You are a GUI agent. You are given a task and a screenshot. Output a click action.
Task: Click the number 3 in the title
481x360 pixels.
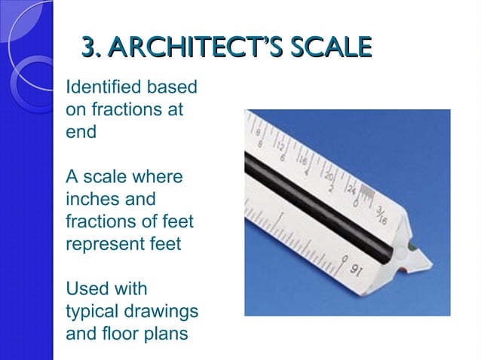[89, 48]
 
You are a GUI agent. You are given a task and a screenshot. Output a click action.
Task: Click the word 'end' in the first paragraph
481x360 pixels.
[81, 132]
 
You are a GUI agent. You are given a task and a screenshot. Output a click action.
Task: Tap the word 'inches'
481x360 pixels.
[91, 200]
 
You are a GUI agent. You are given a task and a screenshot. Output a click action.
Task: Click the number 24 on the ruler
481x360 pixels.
[351, 186]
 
